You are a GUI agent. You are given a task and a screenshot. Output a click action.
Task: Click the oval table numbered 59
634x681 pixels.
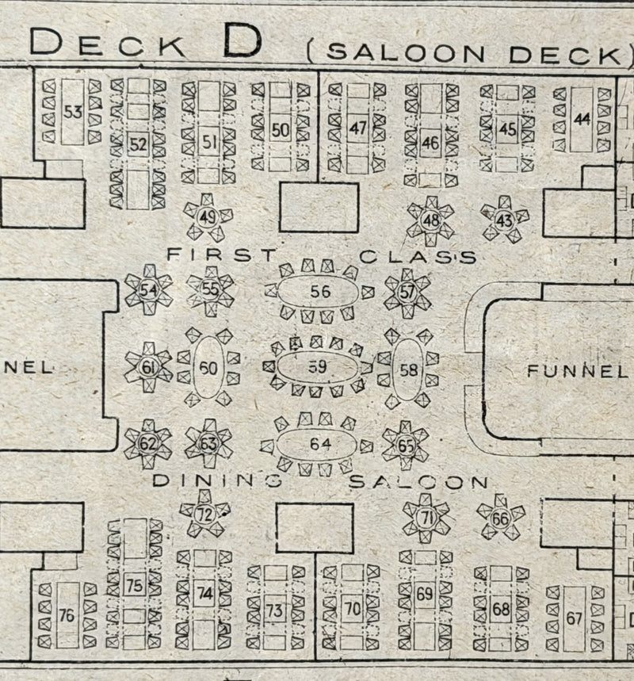317,367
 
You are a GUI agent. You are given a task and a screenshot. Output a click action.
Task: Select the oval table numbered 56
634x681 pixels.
319,292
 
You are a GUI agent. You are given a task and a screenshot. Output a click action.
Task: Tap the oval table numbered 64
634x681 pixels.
319,444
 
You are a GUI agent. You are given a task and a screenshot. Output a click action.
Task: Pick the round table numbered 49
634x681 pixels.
208,217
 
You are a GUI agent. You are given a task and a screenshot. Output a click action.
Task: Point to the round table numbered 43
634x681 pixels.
505,219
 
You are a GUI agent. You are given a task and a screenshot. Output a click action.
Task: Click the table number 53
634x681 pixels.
73,112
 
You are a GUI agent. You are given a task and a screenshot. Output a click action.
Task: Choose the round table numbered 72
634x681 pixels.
205,514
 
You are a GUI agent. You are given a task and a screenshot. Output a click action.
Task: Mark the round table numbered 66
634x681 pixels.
500,518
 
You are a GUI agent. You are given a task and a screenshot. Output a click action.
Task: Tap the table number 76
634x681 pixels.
67,614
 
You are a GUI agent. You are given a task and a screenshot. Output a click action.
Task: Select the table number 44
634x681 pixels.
582,119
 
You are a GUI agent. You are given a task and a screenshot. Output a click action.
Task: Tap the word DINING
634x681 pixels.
216,480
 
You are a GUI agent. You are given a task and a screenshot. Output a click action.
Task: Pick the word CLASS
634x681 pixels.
418,257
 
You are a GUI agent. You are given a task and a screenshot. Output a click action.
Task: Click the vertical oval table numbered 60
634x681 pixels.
208,368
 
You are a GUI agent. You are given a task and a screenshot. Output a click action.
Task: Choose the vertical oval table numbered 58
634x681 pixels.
409,369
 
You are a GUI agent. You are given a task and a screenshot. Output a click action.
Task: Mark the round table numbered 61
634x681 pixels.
148,367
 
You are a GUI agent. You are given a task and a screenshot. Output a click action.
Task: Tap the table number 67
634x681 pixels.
575,618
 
